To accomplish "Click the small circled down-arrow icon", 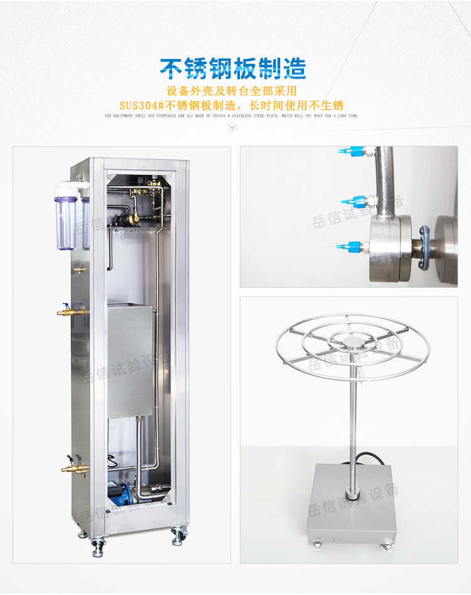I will pyautogui.click(x=232, y=128).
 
